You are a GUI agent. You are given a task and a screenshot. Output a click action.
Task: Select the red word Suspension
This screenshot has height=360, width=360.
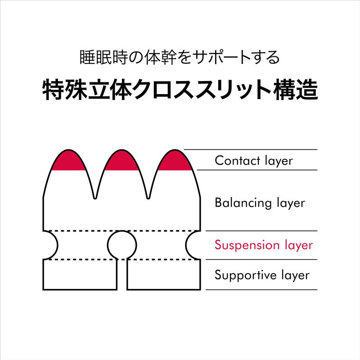click(247, 245)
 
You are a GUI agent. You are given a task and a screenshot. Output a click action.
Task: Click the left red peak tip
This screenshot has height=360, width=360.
click(68, 150)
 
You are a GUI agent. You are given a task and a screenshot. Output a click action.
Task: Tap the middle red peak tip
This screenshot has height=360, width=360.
click(121, 150)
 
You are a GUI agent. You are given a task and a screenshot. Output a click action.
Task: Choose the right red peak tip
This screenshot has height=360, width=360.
click(175, 150)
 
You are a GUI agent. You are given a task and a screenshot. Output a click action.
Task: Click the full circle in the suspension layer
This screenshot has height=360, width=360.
click(122, 231)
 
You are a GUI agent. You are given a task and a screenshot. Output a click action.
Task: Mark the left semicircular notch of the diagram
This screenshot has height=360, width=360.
click(58, 245)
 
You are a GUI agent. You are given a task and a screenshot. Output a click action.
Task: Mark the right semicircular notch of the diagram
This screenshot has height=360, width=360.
click(186, 245)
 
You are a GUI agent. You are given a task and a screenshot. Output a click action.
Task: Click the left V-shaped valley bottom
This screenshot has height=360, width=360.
click(95, 198)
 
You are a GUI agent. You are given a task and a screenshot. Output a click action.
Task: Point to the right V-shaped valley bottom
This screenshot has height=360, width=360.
click(148, 198)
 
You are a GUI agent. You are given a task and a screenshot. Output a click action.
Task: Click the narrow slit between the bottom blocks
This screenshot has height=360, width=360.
click(122, 274)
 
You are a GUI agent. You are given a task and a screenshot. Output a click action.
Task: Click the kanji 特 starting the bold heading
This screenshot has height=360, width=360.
click(54, 90)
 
